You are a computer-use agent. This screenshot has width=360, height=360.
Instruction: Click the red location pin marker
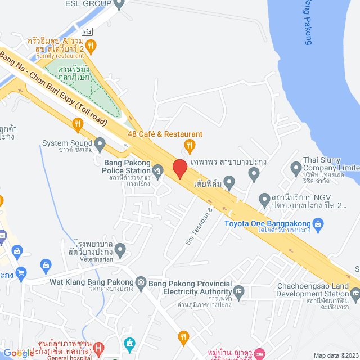pos(179,169)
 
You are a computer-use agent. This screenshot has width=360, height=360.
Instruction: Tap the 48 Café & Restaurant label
pos(165,134)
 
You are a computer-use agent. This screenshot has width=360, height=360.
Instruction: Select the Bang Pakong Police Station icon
pos(157,168)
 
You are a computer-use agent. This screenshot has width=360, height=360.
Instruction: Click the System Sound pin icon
pos(100,145)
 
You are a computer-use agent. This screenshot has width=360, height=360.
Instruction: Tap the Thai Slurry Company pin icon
pos(296,167)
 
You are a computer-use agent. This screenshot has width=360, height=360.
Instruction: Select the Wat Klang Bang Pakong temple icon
pos(140,281)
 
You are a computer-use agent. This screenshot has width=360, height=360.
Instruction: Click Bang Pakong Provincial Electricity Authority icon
pos(238,291)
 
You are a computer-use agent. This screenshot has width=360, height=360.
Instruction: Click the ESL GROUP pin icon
pos(118,4)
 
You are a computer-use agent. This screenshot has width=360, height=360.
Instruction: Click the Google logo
pos(18,353)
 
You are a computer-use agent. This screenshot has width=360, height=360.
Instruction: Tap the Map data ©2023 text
pos(335,355)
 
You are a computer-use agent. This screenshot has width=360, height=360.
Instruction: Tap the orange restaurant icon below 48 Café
pos(190,145)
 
